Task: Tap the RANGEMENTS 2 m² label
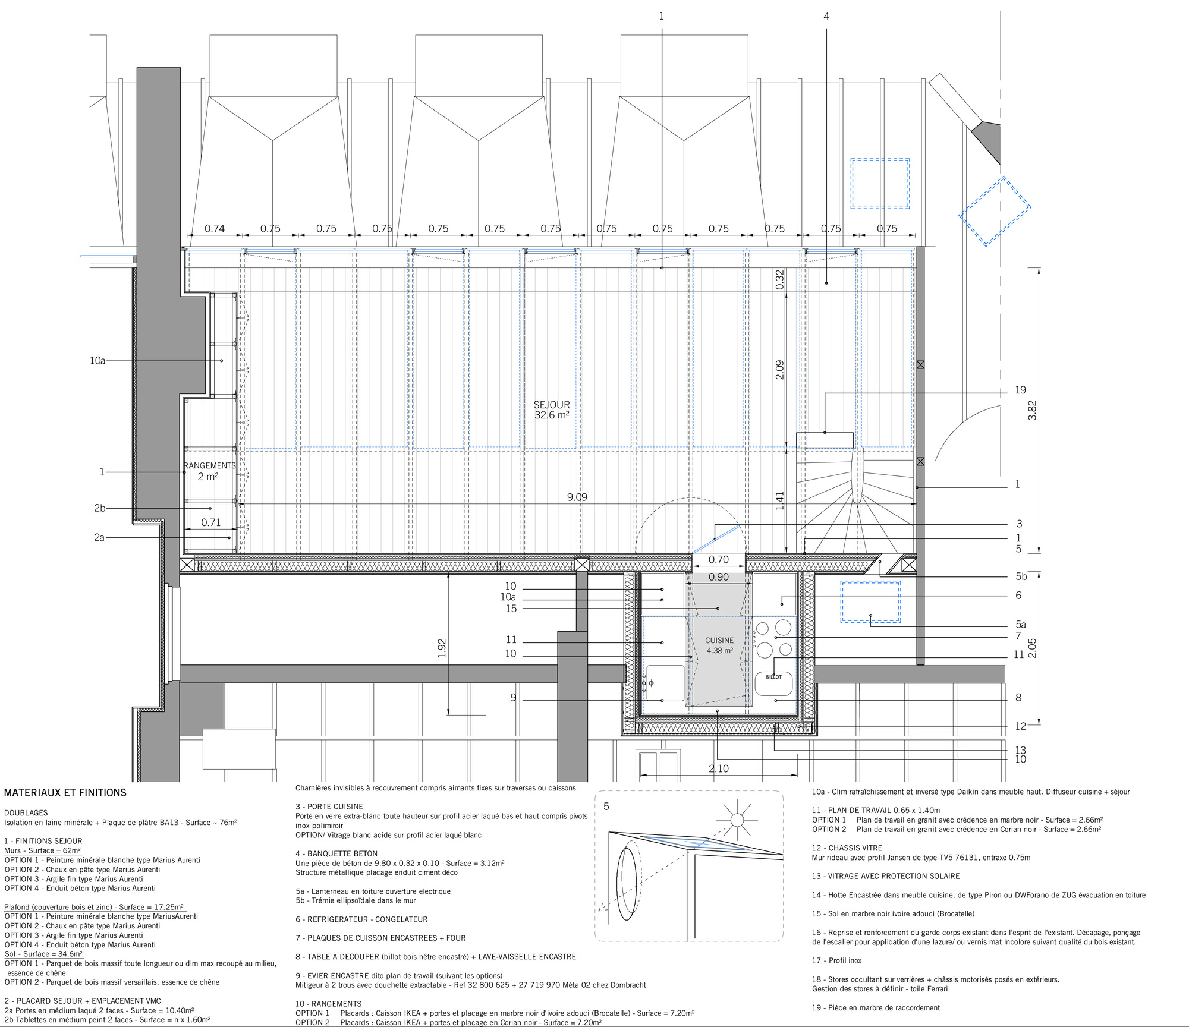[x=209, y=471]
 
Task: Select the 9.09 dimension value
[x=577, y=497]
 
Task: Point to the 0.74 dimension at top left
[x=215, y=229]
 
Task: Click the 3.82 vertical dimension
[x=1032, y=411]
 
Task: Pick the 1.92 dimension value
[x=442, y=648]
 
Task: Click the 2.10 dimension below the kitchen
[x=719, y=768]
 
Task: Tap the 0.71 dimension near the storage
[x=210, y=522]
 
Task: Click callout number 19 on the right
[x=1020, y=390]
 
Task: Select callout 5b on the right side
[x=1021, y=576]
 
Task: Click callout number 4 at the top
[x=826, y=17]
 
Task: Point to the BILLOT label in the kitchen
[x=773, y=677]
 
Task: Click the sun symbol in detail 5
[x=737, y=820]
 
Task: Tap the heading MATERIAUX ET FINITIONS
[x=65, y=793]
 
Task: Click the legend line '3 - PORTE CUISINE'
[x=329, y=807]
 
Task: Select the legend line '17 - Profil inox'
[x=836, y=960]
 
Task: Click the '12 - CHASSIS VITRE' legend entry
[x=847, y=848]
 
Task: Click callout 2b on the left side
[x=99, y=508]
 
